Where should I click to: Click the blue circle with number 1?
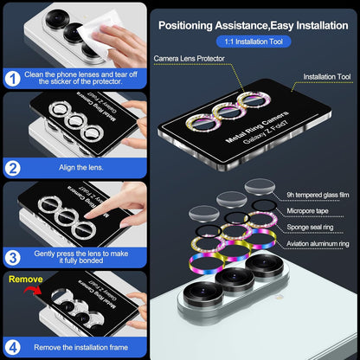pos(14,79)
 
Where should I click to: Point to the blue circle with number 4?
pos(14,346)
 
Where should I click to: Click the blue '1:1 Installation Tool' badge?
pos(253,41)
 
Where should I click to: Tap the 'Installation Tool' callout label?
pos(332,76)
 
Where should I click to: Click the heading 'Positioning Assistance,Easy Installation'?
pos(253,22)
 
